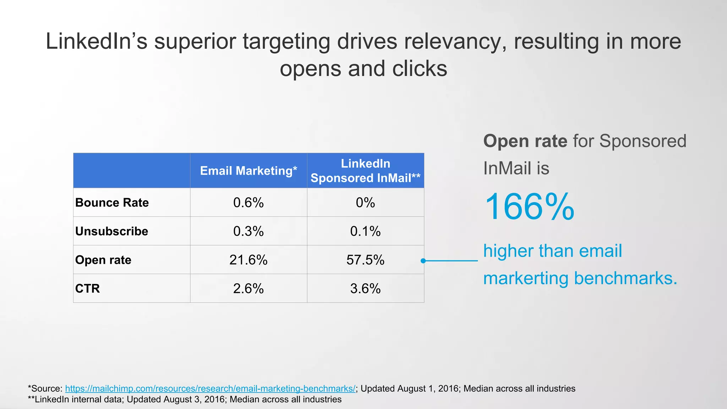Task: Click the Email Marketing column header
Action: click(x=248, y=171)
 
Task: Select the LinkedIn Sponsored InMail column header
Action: click(x=365, y=171)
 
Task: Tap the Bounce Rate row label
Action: click(x=112, y=202)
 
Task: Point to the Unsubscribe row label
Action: click(x=111, y=231)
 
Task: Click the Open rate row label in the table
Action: click(x=103, y=260)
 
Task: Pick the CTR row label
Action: click(x=87, y=288)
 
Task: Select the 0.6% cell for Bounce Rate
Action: click(x=248, y=202)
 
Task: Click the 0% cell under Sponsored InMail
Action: click(x=365, y=202)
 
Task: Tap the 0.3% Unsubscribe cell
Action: click(x=248, y=231)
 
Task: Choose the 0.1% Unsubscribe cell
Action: click(x=365, y=231)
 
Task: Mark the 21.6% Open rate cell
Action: click(x=248, y=260)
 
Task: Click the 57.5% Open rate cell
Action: click(x=365, y=260)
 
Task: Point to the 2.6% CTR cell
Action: click(x=248, y=288)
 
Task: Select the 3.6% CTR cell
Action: click(x=365, y=288)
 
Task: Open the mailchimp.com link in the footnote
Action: click(x=210, y=388)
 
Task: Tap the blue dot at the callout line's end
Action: click(x=423, y=261)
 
